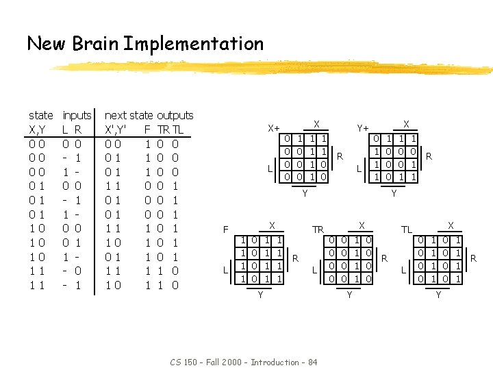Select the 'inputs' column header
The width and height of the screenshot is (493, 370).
click(x=77, y=115)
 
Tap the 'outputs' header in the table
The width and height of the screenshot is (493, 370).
click(x=175, y=115)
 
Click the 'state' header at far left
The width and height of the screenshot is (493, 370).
click(x=41, y=115)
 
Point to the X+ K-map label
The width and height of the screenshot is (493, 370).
click(x=274, y=127)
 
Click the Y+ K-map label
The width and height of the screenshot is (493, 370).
click(x=363, y=127)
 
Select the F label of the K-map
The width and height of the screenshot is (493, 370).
click(x=227, y=230)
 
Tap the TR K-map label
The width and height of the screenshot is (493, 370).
click(x=318, y=230)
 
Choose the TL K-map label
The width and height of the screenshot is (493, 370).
click(x=407, y=230)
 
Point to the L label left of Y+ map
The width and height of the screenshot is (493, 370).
click(x=359, y=168)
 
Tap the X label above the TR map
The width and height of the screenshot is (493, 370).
click(x=362, y=225)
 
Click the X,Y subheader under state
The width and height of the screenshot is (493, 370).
click(x=38, y=129)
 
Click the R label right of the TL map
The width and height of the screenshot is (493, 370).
click(x=472, y=258)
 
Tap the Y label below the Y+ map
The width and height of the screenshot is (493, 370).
click(x=394, y=194)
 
